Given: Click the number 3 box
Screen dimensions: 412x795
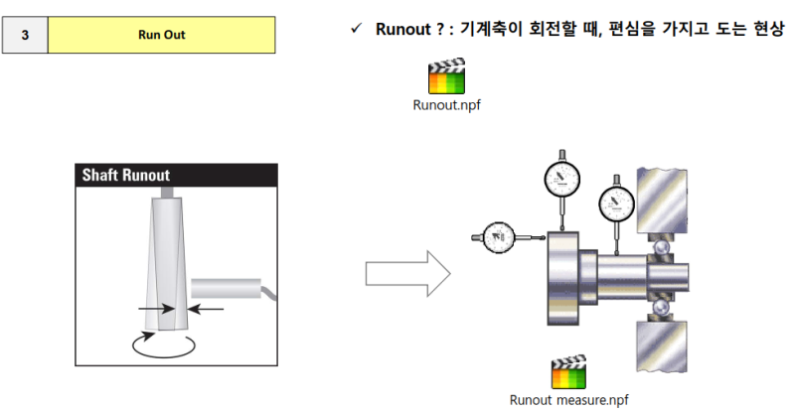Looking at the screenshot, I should pos(25,35).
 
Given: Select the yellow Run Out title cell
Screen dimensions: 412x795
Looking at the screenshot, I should pos(161,35).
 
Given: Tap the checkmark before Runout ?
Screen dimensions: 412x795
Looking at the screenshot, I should pos(355,28).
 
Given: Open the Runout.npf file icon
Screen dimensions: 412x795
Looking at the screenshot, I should pos(446,76).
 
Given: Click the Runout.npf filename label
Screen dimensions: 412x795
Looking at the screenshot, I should pos(446,103).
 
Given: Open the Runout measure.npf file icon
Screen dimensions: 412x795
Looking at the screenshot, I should pos(568,373).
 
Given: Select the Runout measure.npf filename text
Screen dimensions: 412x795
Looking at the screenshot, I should pos(568,400).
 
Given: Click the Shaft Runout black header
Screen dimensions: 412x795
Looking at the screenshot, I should pos(176,176).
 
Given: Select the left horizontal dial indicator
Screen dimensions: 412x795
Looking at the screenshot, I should pos(498,237).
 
